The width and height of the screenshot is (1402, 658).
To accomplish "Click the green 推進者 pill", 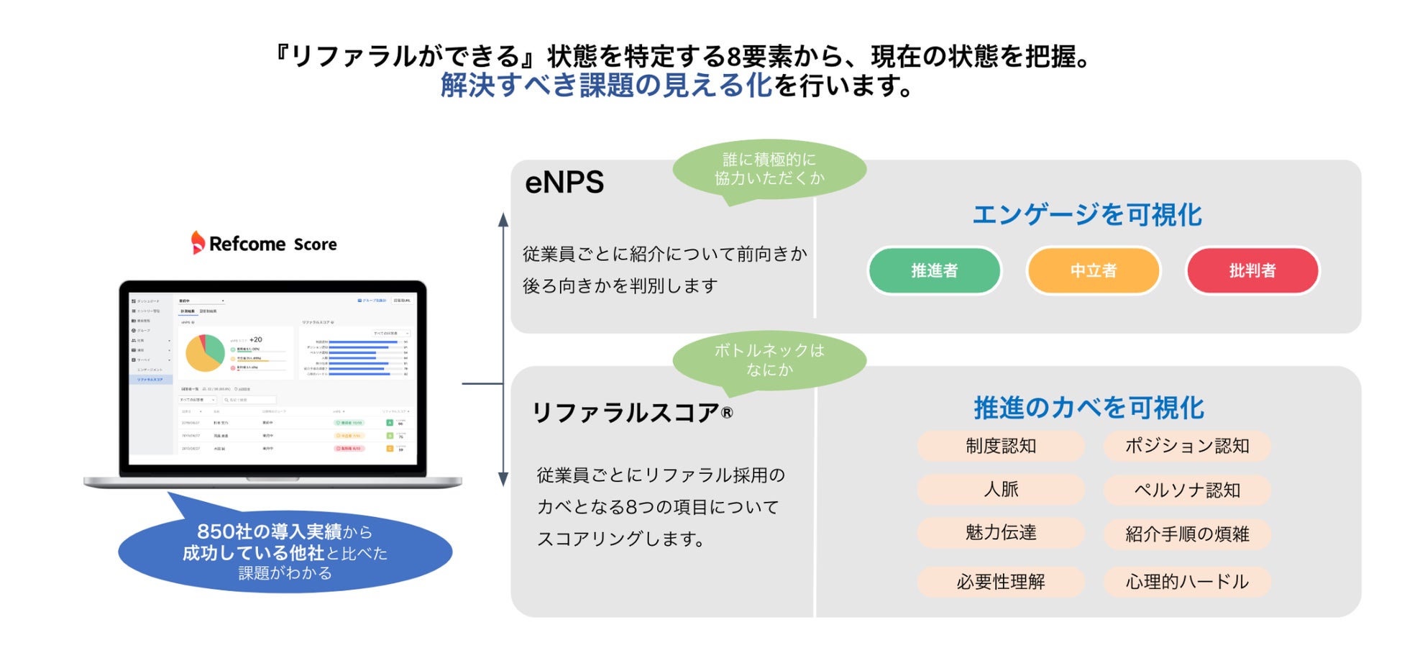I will coord(934,270).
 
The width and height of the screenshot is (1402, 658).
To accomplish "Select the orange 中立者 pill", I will coord(1093,270).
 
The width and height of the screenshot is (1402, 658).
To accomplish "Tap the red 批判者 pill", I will coord(1252,270).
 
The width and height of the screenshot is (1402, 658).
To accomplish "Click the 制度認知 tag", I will coord(1000,446).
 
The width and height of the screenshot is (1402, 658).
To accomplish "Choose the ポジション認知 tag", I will coord(1186,446).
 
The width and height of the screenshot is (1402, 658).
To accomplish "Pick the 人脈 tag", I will coord(1000,490).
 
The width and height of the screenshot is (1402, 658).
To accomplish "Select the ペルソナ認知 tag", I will coord(1186,490).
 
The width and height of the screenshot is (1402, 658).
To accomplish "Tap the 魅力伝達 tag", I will coord(1000,533).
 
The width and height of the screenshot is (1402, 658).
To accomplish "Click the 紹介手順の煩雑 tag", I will coord(1186,534).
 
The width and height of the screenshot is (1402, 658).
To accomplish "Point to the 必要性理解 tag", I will coord(1000,582).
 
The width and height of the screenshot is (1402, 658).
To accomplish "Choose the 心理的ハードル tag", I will coord(1186,582).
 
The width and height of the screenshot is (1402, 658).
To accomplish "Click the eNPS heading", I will coord(564,183).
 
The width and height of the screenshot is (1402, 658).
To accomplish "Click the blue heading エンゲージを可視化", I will coord(1086,214).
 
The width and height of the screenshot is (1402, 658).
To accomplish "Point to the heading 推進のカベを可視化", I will coord(1089,408).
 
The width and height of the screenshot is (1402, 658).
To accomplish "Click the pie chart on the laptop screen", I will coord(205,352).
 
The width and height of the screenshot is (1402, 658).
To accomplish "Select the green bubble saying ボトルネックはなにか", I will coord(769,360).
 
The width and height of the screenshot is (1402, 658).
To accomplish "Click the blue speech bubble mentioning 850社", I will coord(285,552).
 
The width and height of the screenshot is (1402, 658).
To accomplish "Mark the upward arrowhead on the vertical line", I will coord(503,220).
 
